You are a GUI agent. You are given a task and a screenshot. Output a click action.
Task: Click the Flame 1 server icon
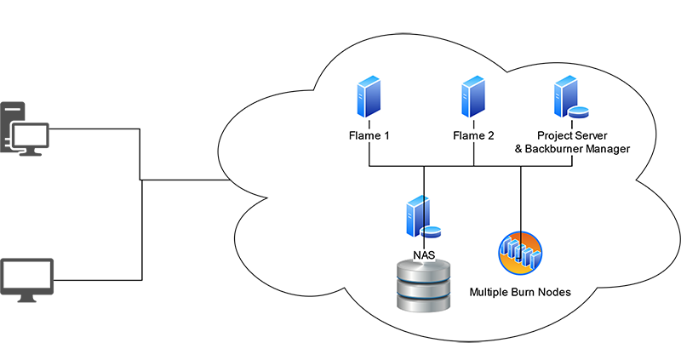click(368, 96)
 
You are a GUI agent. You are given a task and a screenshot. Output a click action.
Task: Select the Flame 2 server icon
click(473, 96)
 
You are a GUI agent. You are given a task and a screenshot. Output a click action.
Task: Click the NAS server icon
click(417, 216)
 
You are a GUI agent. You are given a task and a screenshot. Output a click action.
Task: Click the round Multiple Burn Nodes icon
click(519, 254)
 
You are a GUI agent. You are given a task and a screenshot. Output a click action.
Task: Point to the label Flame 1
click(369, 135)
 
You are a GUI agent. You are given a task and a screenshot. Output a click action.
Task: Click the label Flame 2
click(473, 135)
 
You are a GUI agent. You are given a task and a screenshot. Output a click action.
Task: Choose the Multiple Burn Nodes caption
click(519, 293)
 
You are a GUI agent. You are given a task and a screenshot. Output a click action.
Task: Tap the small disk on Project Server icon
click(579, 111)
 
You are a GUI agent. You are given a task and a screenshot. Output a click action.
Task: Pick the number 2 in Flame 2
click(489, 135)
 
